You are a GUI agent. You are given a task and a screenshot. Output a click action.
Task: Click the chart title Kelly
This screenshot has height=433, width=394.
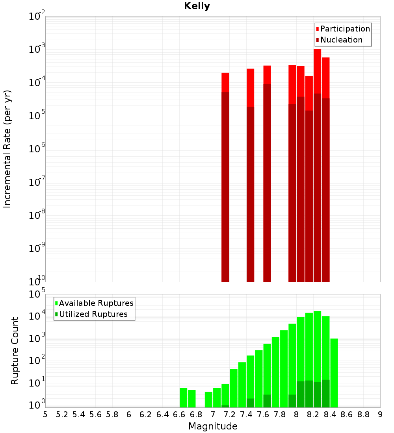(x=197, y=6)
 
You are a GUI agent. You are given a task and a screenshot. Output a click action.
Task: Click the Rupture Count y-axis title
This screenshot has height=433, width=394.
(x=15, y=350)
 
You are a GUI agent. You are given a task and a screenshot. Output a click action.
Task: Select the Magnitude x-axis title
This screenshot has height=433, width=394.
(x=213, y=426)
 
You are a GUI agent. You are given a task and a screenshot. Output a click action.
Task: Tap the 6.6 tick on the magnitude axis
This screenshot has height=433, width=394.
(x=179, y=414)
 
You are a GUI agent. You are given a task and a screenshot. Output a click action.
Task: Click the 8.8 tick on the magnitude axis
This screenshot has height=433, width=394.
(x=364, y=414)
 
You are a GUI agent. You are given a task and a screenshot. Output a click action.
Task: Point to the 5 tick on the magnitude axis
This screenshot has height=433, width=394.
(x=45, y=414)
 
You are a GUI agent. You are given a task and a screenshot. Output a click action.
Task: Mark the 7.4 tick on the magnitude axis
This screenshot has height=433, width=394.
(x=246, y=414)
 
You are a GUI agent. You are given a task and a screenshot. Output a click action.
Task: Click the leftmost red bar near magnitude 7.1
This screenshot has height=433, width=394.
(x=225, y=177)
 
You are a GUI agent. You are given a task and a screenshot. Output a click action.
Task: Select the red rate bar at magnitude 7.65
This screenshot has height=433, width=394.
(x=267, y=173)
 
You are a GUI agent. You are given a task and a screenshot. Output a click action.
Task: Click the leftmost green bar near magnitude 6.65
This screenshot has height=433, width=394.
(x=183, y=398)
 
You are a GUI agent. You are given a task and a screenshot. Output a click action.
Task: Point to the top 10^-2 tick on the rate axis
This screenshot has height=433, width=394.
(x=37, y=17)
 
